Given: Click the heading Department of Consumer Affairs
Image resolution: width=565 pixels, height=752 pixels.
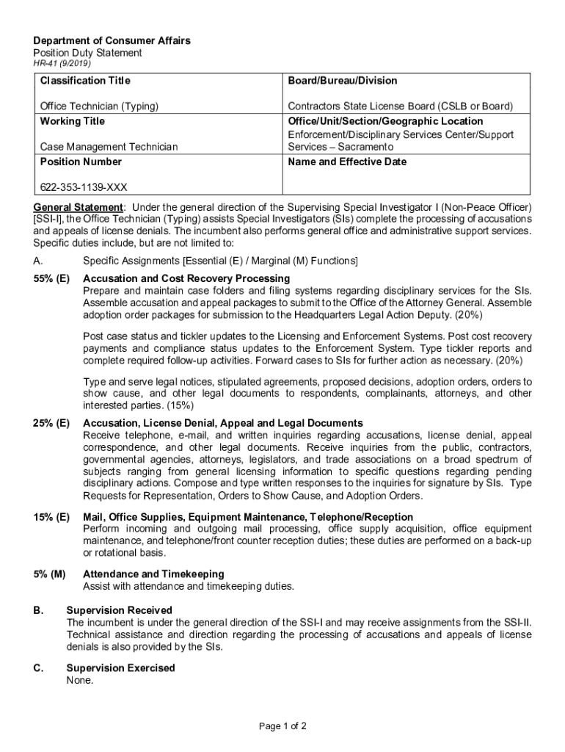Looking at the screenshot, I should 112,40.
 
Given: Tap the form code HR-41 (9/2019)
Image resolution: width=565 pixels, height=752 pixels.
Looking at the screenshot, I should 62,65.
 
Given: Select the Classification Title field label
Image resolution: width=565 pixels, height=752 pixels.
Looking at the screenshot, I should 85,81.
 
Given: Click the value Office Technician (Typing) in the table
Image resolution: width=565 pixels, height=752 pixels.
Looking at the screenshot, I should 99,106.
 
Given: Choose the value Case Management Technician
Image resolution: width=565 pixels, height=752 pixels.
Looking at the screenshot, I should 109,147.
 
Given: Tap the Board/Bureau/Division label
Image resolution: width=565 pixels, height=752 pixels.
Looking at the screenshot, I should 343,81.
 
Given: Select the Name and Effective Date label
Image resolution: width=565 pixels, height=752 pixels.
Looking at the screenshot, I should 347,162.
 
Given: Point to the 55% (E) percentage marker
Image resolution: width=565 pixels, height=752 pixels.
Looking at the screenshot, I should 51,278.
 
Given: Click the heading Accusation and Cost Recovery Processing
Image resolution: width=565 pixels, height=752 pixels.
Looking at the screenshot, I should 186,278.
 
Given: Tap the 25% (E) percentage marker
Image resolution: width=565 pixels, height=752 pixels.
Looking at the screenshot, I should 51,423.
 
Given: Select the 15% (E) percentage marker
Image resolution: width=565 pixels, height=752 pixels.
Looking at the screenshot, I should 51,517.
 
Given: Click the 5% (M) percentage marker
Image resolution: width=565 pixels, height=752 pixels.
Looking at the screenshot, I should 50,574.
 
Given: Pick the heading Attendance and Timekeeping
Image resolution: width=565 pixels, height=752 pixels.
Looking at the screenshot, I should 153,574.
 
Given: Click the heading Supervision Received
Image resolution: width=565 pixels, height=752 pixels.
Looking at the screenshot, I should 120,610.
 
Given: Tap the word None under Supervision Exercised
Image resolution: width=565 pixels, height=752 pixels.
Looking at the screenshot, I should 80,681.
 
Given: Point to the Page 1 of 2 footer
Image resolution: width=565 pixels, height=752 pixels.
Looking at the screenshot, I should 282,726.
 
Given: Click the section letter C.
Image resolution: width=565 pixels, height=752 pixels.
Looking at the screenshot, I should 37,668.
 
